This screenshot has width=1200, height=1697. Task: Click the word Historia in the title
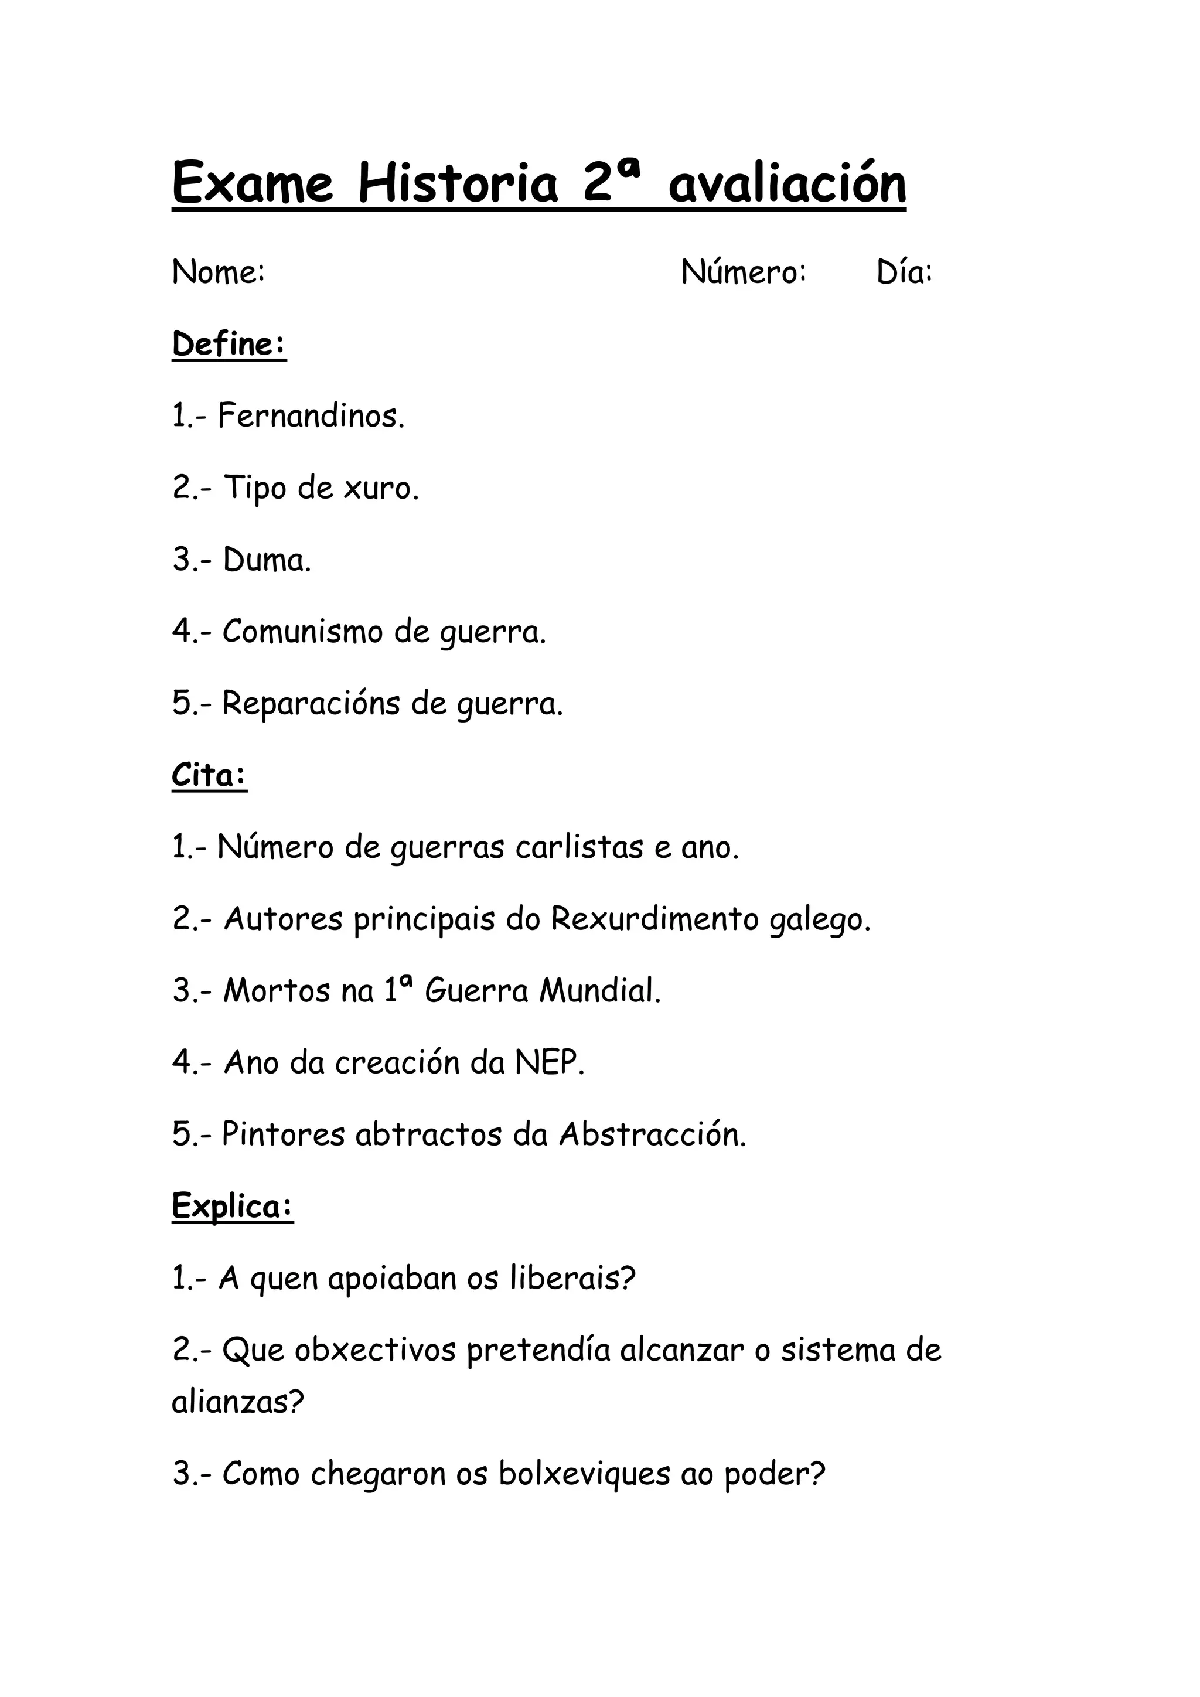click(x=458, y=183)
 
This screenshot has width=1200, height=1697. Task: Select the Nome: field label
click(x=218, y=272)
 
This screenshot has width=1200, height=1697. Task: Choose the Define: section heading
click(x=229, y=345)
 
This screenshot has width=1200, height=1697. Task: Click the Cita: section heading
click(x=209, y=775)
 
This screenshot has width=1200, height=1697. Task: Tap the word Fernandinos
click(x=311, y=416)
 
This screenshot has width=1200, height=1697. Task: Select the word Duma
click(x=267, y=560)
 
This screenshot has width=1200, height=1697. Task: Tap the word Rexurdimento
click(x=654, y=919)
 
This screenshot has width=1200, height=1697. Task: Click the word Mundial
click(x=599, y=990)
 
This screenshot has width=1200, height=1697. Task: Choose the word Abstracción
click(x=653, y=1134)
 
